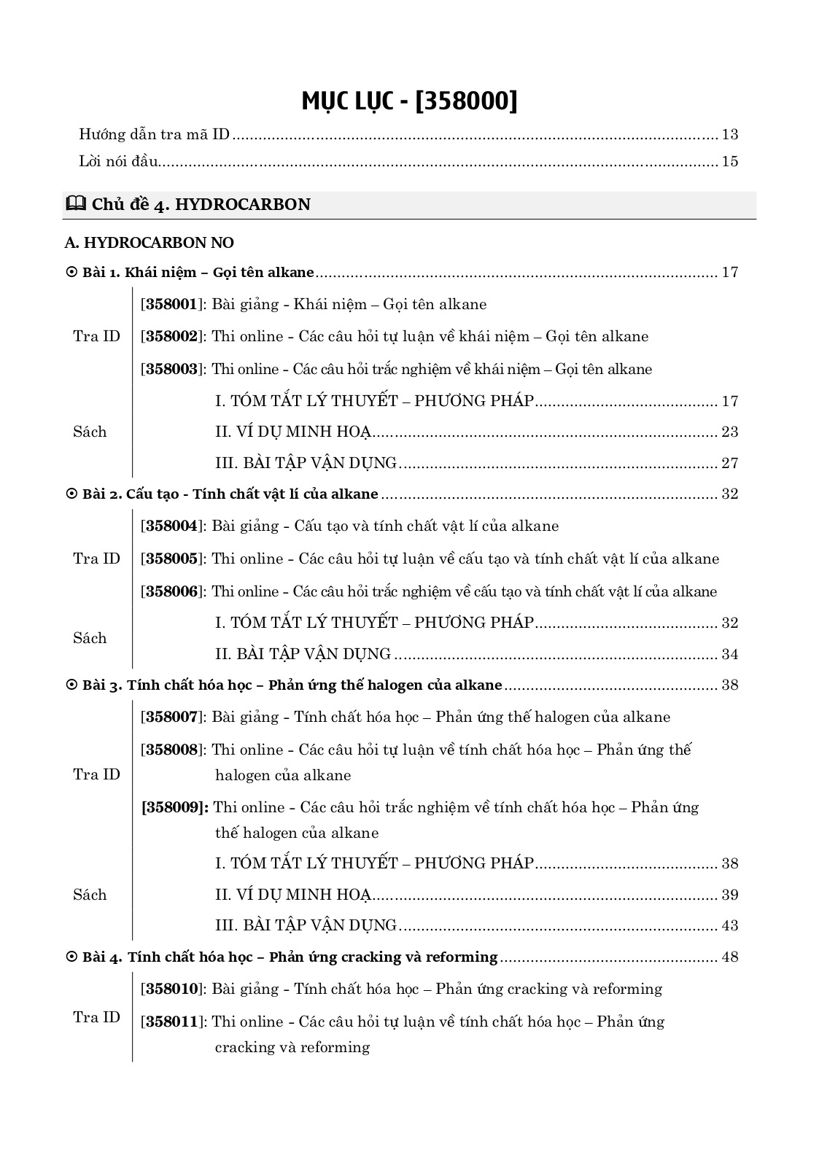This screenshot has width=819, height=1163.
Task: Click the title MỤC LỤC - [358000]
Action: click(x=409, y=101)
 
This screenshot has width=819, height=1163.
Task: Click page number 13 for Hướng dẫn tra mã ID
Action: click(x=729, y=134)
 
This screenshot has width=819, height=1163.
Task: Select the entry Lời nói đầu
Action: click(x=118, y=161)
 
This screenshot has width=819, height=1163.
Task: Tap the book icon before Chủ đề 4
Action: click(x=75, y=204)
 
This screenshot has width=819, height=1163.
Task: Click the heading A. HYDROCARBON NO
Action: click(x=150, y=242)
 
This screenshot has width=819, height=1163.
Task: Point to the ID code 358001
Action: click(x=171, y=304)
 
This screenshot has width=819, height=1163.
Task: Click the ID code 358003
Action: click(x=171, y=369)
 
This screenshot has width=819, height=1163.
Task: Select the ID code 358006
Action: click(x=171, y=591)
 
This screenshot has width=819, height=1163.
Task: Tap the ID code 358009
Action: click(x=175, y=807)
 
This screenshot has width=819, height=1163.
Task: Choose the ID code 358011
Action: click(x=171, y=1022)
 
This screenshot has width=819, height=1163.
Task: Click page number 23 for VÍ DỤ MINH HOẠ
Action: click(x=729, y=432)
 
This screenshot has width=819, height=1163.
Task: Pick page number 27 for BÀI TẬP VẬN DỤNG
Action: click(x=729, y=463)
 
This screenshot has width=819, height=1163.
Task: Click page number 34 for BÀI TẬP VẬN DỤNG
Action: click(x=729, y=654)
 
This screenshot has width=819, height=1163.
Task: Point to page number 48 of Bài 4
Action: click(x=729, y=957)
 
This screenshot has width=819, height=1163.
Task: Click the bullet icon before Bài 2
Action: click(x=71, y=494)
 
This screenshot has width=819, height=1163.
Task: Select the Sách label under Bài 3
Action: click(x=90, y=895)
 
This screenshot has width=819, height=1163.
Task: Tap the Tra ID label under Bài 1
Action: click(x=96, y=336)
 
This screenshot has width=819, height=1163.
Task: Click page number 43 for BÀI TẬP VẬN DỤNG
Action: click(x=729, y=925)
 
